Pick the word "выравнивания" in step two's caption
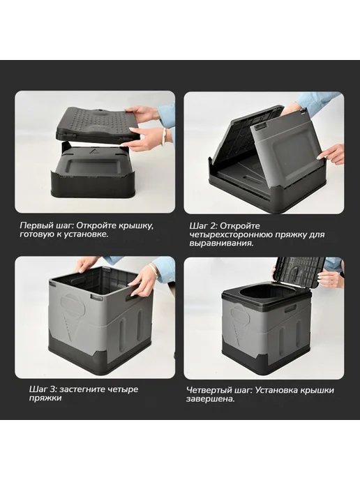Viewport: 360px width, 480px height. pos(221,243)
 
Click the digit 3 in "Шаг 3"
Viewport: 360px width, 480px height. pos(52,390)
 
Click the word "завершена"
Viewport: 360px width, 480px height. pos(211,399)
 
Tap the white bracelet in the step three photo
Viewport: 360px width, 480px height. pos(153,269)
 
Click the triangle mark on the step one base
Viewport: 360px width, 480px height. pos(93,151)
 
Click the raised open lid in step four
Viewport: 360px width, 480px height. pos(299,273)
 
